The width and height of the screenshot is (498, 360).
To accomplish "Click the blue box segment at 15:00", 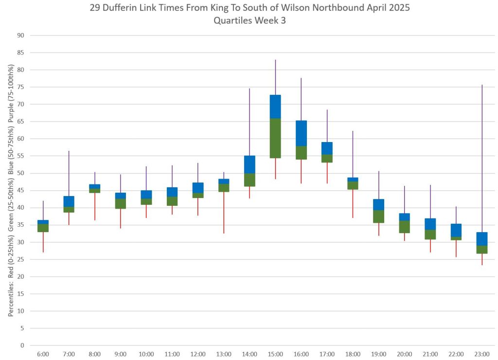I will [275, 107].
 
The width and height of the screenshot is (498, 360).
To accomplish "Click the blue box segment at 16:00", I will [301, 133].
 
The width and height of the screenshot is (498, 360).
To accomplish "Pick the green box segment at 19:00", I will [378, 216].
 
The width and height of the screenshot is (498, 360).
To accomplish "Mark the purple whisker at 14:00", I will [249, 122].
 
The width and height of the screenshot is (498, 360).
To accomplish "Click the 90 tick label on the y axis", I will [21, 36].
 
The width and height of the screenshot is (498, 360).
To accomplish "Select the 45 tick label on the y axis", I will [21, 191].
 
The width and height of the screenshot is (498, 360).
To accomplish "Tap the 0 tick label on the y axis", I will [22, 346].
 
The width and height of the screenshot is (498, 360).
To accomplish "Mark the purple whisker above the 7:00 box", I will [69, 173].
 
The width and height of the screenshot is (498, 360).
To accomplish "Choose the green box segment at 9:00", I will [121, 203].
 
